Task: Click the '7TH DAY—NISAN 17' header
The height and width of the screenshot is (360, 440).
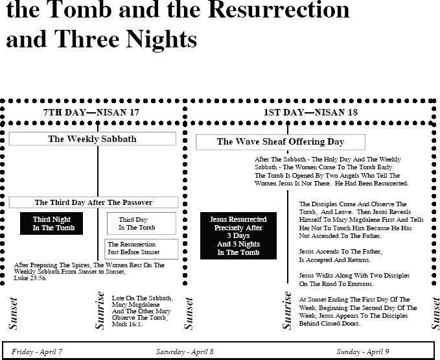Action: click(91, 112)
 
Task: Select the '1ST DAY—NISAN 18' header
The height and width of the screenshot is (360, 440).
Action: click(310, 112)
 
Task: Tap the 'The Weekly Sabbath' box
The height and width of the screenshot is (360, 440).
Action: click(92, 139)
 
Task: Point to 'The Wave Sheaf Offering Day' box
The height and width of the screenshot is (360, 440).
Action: click(281, 142)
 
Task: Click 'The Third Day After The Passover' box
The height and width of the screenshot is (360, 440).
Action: click(93, 202)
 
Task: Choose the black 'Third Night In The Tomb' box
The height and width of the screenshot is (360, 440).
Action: click(52, 223)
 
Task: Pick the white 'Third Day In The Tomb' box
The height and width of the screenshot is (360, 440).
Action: click(141, 223)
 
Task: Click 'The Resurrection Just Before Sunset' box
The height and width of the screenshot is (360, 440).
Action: click(141, 249)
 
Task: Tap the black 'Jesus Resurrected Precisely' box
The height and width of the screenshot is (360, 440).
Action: click(238, 235)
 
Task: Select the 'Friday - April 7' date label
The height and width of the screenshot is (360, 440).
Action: click(37, 352)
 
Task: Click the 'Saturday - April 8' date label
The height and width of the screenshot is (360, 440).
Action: click(185, 352)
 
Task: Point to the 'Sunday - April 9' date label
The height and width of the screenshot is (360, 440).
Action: click(362, 352)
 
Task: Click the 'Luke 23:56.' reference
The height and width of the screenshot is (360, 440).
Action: click(30, 278)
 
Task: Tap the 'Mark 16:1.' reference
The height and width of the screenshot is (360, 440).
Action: click(128, 324)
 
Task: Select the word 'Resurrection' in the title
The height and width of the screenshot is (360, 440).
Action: click(279, 10)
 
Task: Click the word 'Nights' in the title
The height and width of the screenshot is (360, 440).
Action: click(161, 40)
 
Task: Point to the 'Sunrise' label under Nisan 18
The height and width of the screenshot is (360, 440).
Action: click(287, 311)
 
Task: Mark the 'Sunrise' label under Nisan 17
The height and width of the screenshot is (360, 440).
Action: click(100, 311)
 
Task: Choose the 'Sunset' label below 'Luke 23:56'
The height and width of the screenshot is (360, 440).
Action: click(13, 313)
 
